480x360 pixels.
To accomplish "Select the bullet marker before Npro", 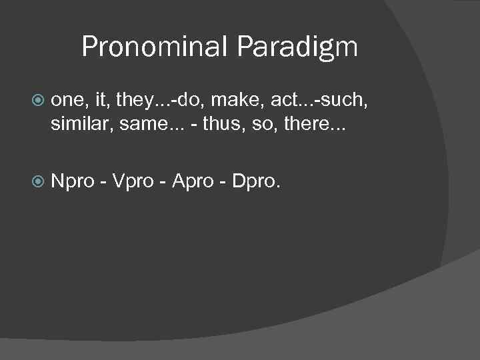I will [x=38, y=179].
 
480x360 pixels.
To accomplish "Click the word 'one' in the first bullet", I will [x=67, y=101].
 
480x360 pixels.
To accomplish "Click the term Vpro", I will [x=135, y=181].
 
